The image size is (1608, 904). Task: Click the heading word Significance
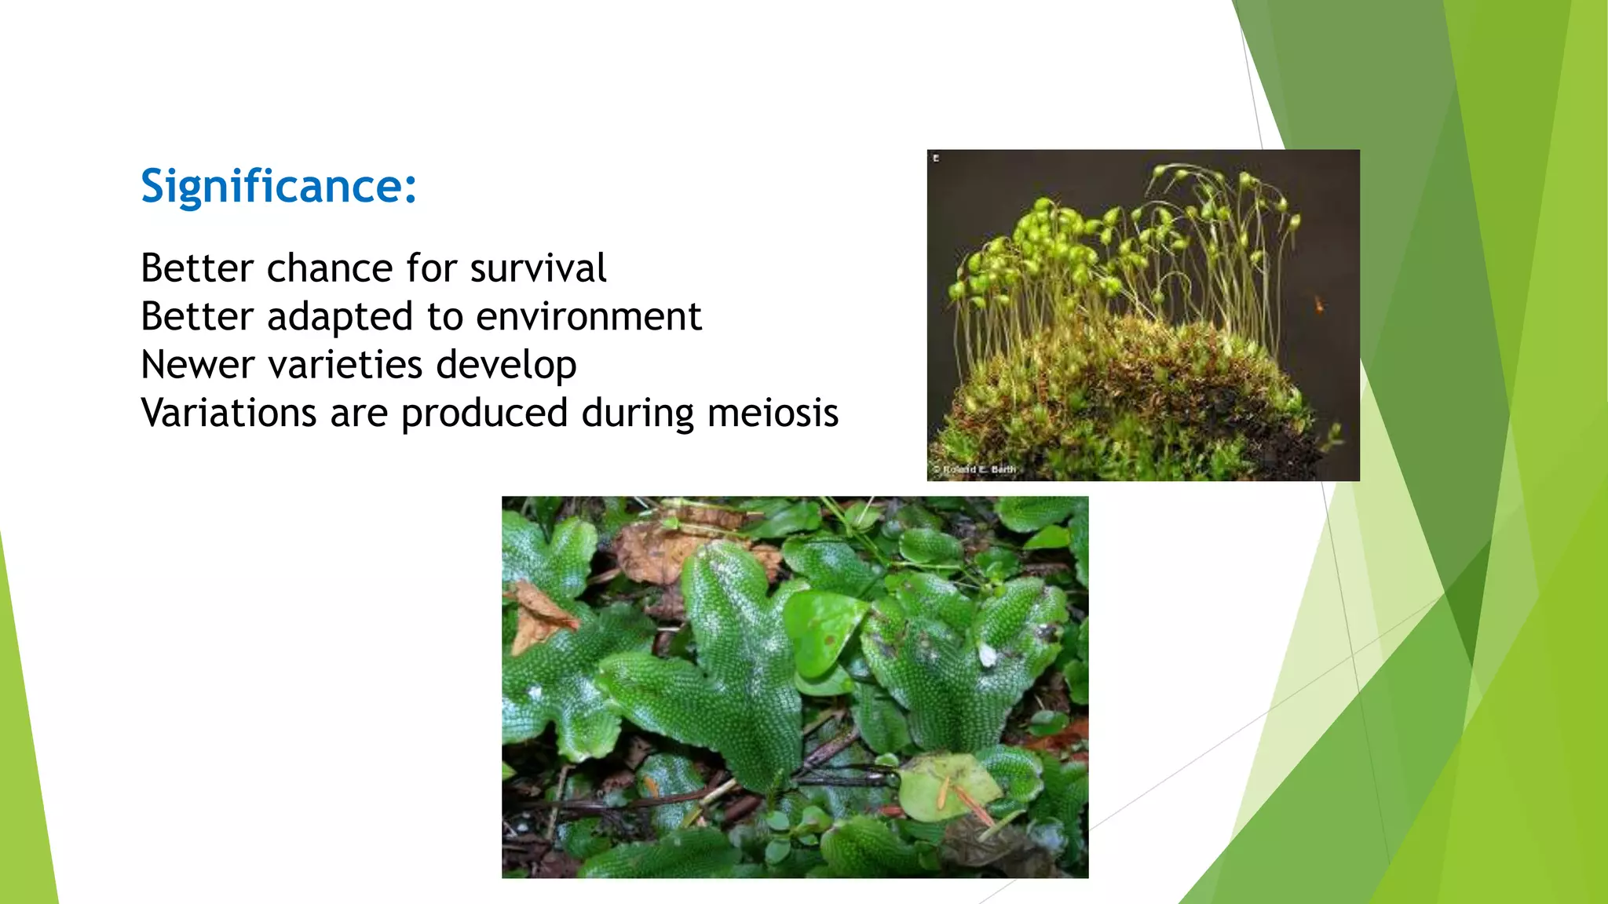pos(271,187)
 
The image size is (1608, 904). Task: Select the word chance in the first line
pos(329,268)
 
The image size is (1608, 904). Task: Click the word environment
pos(588,317)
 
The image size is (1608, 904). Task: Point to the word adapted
pos(339,317)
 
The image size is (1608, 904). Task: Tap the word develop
pos(506,366)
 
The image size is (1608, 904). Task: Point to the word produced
pos(484,414)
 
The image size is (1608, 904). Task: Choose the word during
pos(637,414)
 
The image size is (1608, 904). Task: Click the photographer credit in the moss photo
pos(974,469)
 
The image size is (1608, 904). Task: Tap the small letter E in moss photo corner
pos(936,159)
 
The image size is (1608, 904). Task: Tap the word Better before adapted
pos(197,317)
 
